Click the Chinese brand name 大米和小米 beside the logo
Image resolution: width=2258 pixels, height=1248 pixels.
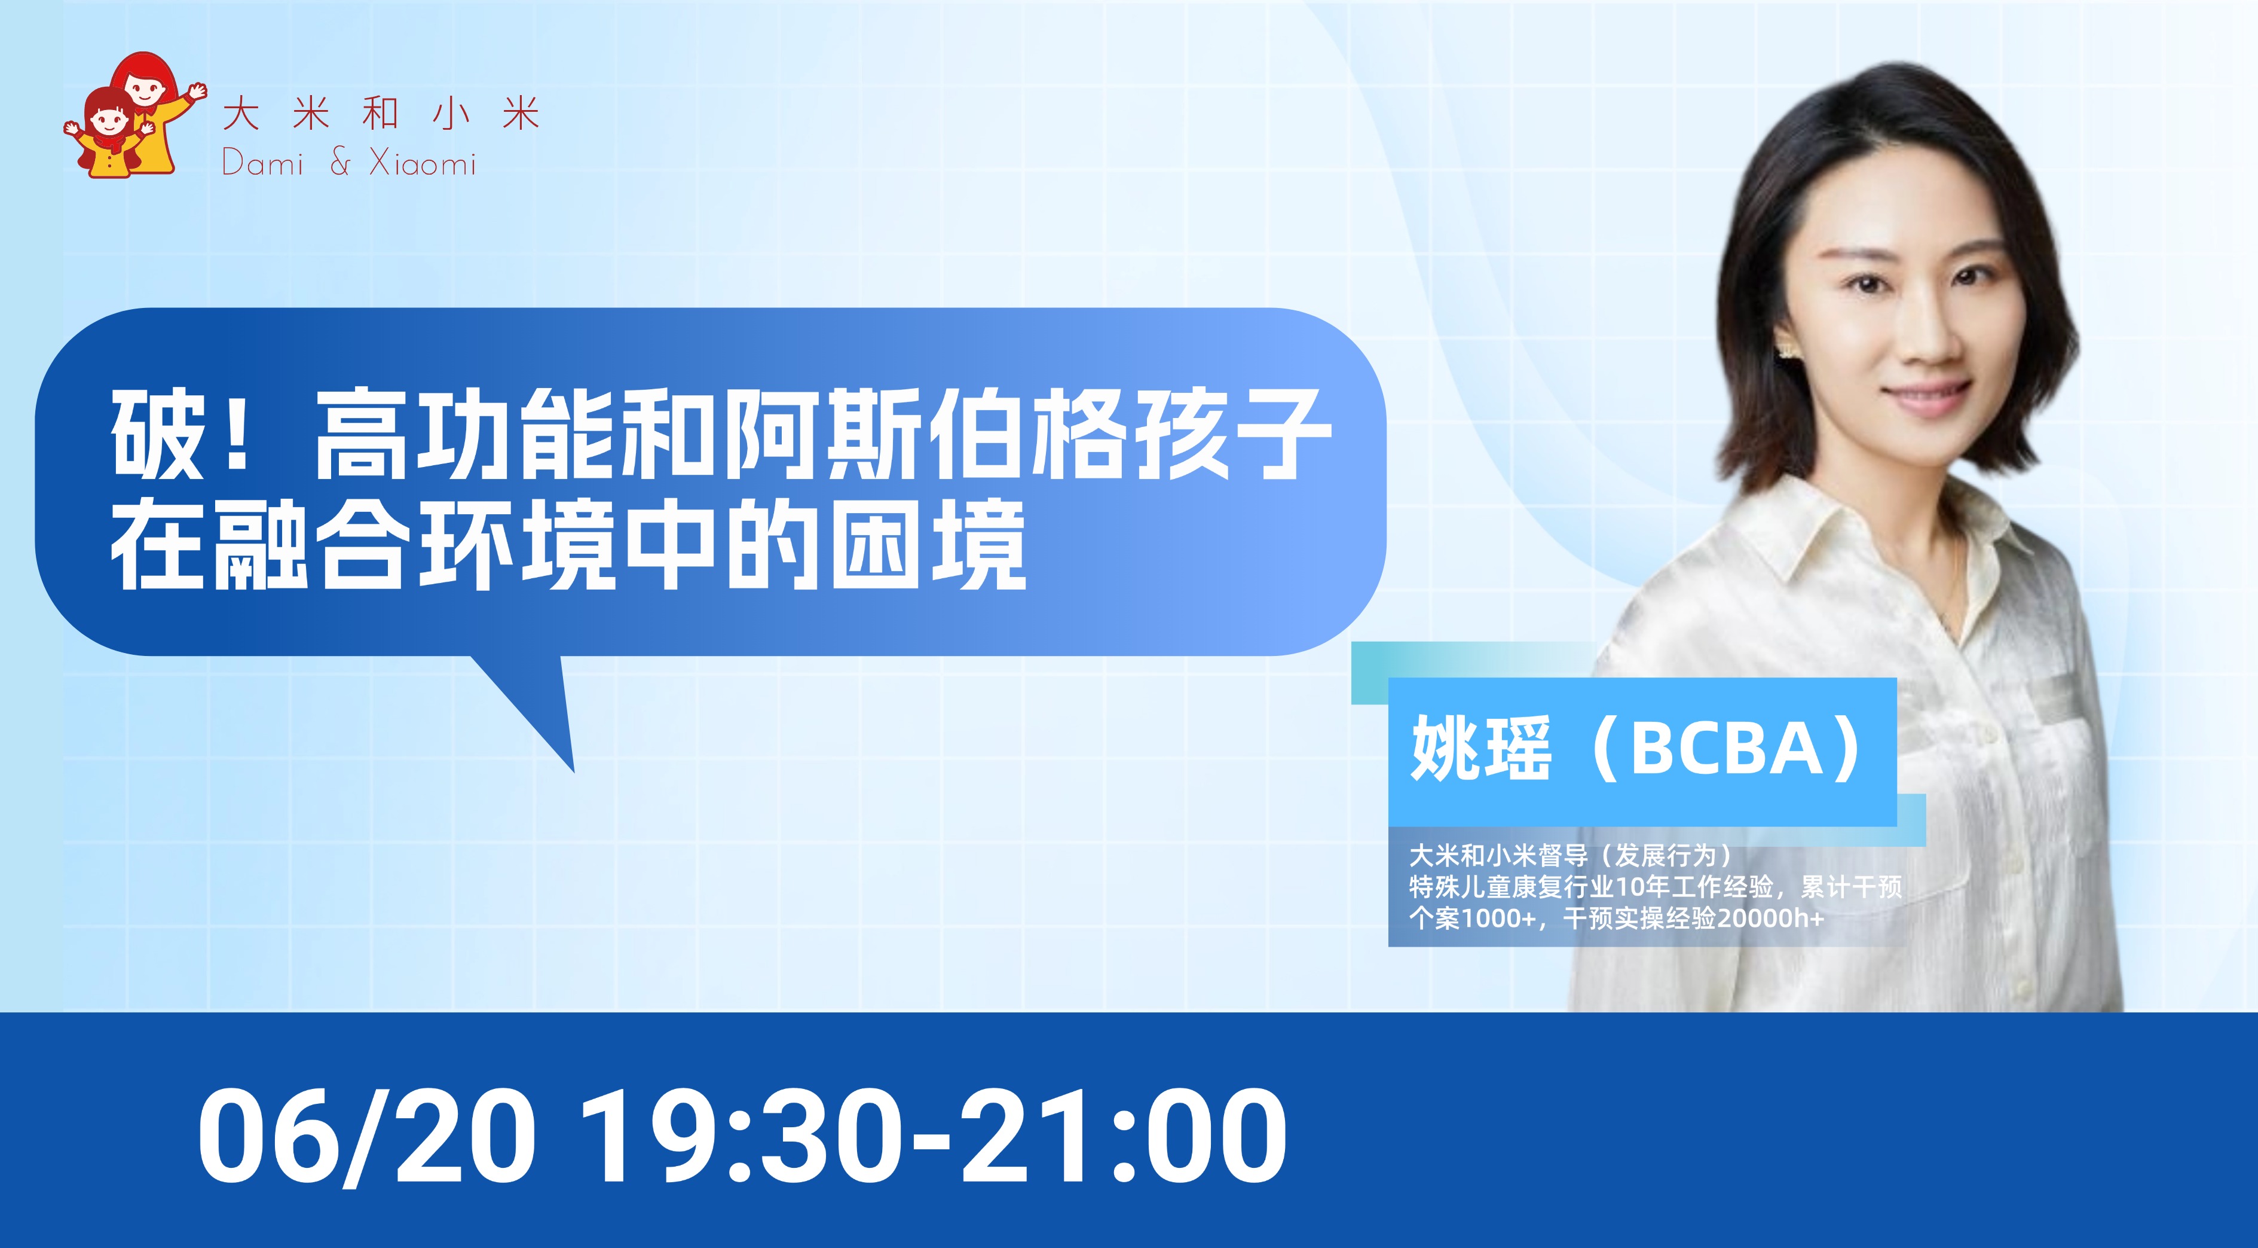coord(381,115)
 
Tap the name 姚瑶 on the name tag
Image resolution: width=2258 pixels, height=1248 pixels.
coord(1480,749)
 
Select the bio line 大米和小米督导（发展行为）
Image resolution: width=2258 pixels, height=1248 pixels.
coord(1571,855)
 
